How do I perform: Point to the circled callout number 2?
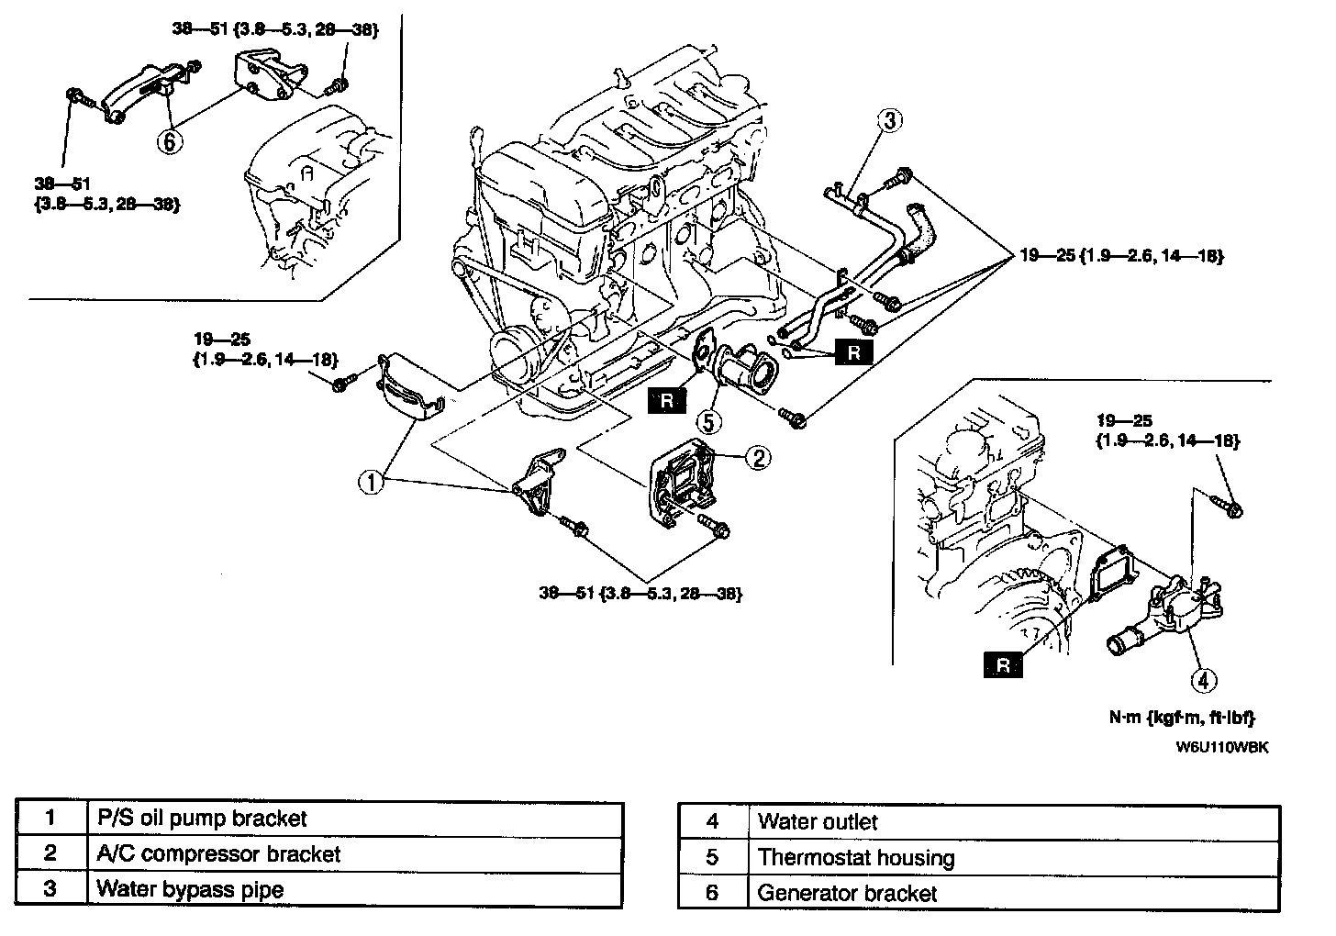(758, 458)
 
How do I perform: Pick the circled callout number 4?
(1204, 680)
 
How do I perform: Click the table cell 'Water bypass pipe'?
(354, 889)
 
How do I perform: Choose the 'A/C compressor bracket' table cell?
(354, 854)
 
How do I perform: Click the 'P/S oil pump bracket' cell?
(354, 819)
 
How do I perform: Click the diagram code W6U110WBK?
(1222, 746)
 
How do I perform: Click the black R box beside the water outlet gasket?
(1003, 665)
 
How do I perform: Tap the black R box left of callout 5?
(666, 400)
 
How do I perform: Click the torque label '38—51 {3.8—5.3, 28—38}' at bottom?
(640, 594)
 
